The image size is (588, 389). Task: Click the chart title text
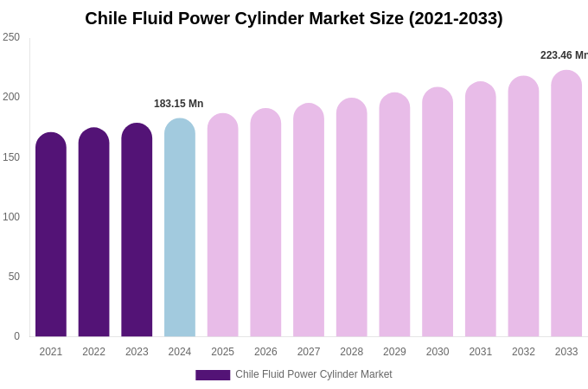pyautogui.click(x=293, y=18)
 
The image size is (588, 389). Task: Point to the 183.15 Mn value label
pyautogui.click(x=178, y=104)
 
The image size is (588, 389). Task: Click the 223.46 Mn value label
pyautogui.click(x=564, y=55)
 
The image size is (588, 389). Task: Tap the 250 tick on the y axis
pyautogui.click(x=11, y=37)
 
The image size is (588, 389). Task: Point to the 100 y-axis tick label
pyautogui.click(x=11, y=217)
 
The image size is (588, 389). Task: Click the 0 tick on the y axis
pyautogui.click(x=16, y=336)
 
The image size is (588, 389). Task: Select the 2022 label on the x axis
pyautogui.click(x=93, y=352)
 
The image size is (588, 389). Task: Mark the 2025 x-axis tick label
pyautogui.click(x=222, y=352)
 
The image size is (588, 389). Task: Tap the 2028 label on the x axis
pyautogui.click(x=351, y=352)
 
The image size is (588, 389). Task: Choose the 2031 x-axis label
pyautogui.click(x=480, y=352)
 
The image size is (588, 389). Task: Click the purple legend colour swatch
pyautogui.click(x=213, y=375)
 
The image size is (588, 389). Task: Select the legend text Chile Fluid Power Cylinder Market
pyautogui.click(x=314, y=374)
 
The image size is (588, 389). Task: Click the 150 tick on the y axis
pyautogui.click(x=11, y=157)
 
